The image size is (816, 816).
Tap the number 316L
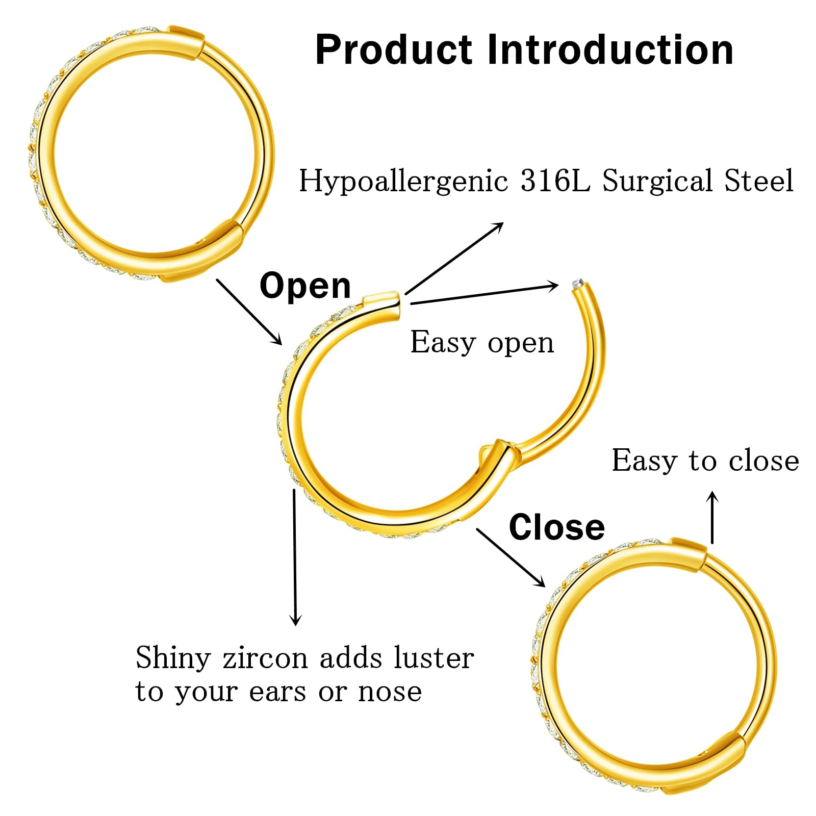[x=554, y=181]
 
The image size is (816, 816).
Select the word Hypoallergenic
[x=403, y=182]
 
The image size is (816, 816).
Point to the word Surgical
[x=657, y=182]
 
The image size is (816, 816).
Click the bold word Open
[x=305, y=286]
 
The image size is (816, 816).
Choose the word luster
[x=434, y=658]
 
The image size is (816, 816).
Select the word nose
[x=390, y=692]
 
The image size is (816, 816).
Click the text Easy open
[x=482, y=342]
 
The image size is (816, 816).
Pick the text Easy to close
[x=705, y=461]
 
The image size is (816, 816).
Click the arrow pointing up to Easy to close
[x=712, y=518]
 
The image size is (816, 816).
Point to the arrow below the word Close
[x=511, y=557]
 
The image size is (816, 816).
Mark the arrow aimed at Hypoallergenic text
[x=454, y=259]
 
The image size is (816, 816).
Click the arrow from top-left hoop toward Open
[x=249, y=312]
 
